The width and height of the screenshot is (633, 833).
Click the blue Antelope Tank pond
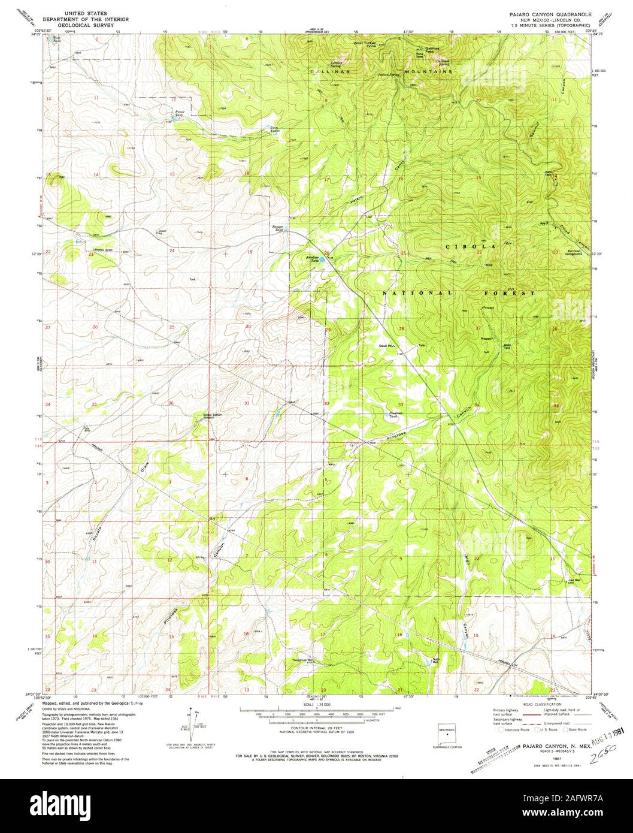[x=322, y=259]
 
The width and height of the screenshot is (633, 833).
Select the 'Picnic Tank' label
[x=179, y=113]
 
